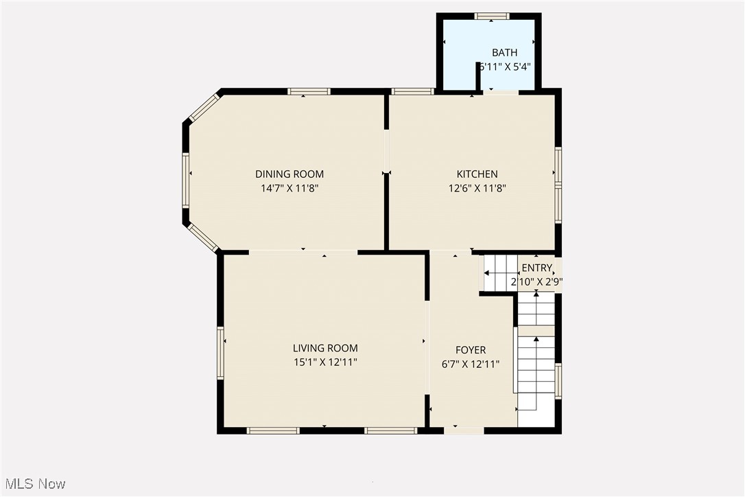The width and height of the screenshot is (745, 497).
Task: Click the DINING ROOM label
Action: click(289, 174)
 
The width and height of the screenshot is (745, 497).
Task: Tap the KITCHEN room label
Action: click(477, 174)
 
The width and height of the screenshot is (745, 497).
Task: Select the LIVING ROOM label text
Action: click(325, 349)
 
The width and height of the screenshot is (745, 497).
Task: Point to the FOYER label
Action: click(471, 350)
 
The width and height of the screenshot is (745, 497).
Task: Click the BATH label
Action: click(504, 53)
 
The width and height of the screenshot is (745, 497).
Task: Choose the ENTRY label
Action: click(536, 268)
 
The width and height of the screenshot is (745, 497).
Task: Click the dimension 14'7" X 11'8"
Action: click(289, 188)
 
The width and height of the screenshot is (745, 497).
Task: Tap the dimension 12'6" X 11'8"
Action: click(477, 188)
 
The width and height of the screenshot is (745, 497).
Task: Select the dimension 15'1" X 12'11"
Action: click(325, 362)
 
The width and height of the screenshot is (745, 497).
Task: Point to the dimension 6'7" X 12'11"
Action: click(471, 364)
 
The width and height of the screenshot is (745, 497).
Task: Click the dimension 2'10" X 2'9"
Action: click(536, 281)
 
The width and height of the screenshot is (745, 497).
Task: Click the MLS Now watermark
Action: click(34, 484)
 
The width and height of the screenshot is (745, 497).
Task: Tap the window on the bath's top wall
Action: click(492, 16)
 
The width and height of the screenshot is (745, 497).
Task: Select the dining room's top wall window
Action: click(309, 91)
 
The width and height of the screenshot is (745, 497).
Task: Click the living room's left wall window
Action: click(221, 354)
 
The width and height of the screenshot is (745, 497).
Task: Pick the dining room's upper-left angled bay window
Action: click(204, 108)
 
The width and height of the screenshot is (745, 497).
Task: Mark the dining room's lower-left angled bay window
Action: click(203, 237)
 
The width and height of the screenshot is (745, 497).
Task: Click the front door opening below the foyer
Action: click(464, 430)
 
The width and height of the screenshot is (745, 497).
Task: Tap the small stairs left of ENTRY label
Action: click(499, 273)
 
